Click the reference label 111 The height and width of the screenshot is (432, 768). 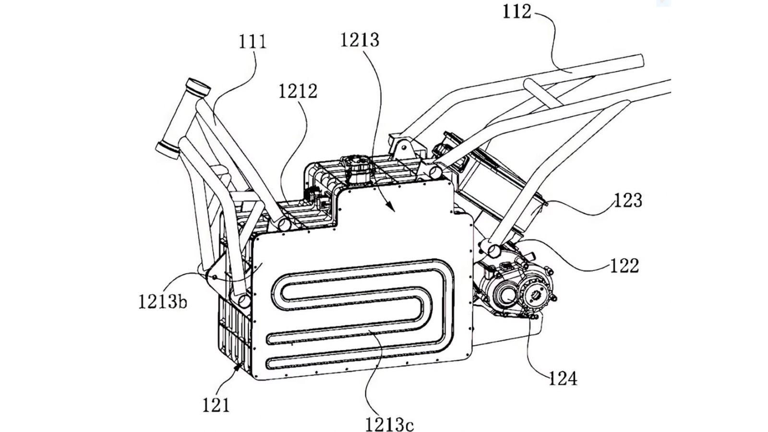coord(252,42)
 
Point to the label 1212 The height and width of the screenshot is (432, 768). coord(298,91)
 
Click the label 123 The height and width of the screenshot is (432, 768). coord(628,200)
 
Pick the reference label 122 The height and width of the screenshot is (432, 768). coord(624,265)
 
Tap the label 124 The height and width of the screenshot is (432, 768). coord(563,379)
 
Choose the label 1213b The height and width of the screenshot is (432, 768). coord(162,302)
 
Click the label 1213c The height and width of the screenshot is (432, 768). coord(389,424)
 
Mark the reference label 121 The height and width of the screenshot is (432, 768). coord(216,406)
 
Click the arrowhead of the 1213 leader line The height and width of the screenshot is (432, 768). coord(393,209)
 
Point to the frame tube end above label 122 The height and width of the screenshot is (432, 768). coord(494,249)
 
